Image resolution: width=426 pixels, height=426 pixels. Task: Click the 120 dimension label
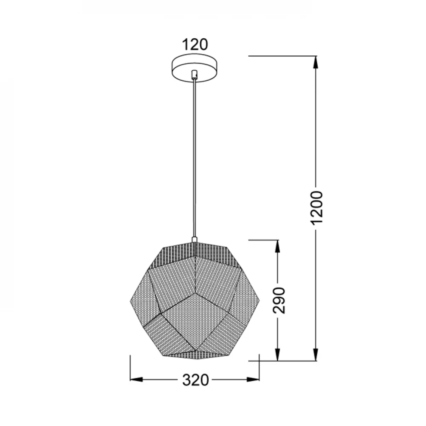[x=195, y=45]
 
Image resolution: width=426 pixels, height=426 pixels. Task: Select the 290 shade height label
[x=279, y=300]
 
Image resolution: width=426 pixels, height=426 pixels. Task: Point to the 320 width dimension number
[x=196, y=380]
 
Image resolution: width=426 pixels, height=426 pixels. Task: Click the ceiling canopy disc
[x=195, y=68]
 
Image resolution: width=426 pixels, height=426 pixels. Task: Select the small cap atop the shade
[x=194, y=239]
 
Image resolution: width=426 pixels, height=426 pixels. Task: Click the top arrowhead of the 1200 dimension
[x=315, y=62]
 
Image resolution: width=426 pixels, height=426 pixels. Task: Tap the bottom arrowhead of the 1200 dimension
[x=315, y=355]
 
